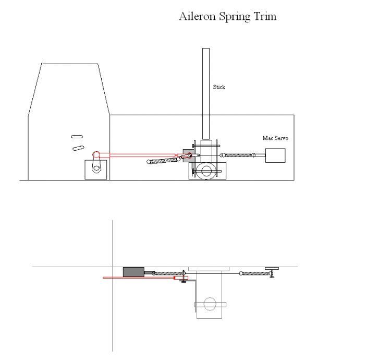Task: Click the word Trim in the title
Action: (265, 17)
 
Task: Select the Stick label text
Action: (219, 87)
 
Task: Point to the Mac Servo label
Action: (275, 138)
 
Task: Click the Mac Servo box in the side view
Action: (275, 156)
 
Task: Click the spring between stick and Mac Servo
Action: (239, 155)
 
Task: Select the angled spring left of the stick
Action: (164, 160)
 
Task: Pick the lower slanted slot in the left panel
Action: (78, 147)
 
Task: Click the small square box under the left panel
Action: (96, 170)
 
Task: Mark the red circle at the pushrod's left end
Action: (96, 154)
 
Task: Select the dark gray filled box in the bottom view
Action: (133, 272)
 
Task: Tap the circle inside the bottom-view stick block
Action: (210, 303)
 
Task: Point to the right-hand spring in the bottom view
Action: (255, 273)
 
